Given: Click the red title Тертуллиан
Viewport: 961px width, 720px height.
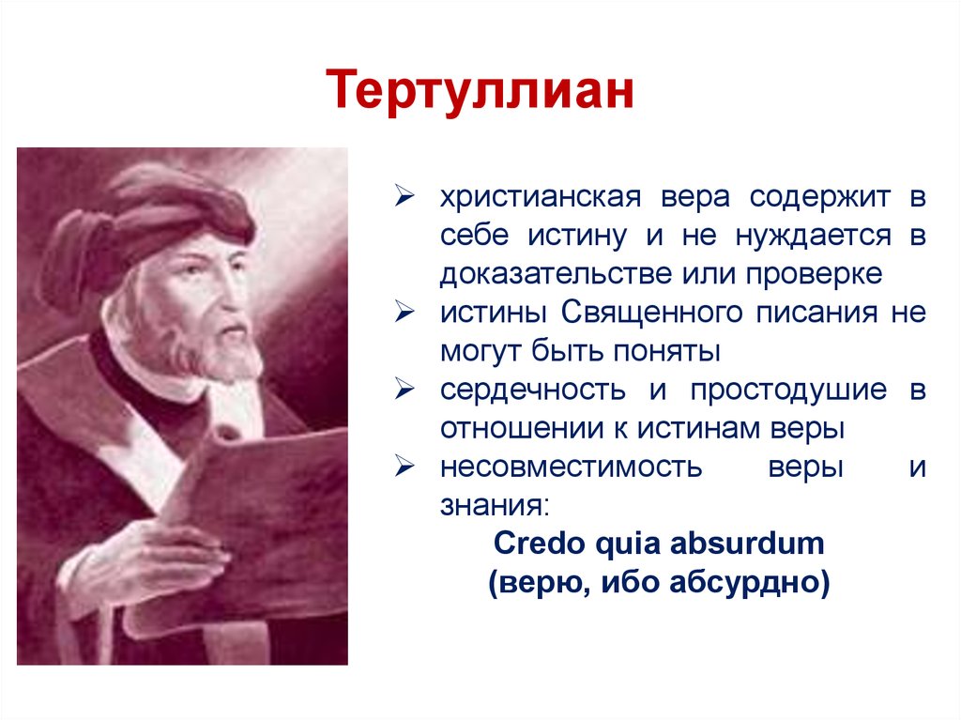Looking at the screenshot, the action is coord(480,90).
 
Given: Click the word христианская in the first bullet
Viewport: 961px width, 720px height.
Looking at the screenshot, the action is coord(541,197).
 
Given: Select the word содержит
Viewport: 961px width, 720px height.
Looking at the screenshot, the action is coord(820,197).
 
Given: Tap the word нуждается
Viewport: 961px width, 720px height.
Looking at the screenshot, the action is coord(814,237).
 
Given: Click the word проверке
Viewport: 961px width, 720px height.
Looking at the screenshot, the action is coord(815,275).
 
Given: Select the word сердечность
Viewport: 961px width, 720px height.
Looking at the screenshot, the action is coord(533,391).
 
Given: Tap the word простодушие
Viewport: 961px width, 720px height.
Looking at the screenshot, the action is coord(788,391).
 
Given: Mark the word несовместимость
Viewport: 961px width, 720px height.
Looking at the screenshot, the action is coord(571,467).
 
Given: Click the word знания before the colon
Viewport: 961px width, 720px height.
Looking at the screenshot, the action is coord(489,506).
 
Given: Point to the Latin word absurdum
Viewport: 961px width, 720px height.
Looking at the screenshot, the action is coord(747,544).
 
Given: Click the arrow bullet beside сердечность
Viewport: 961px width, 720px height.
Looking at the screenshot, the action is coord(404,389).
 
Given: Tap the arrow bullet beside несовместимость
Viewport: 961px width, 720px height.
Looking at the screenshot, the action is coord(404,467).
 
